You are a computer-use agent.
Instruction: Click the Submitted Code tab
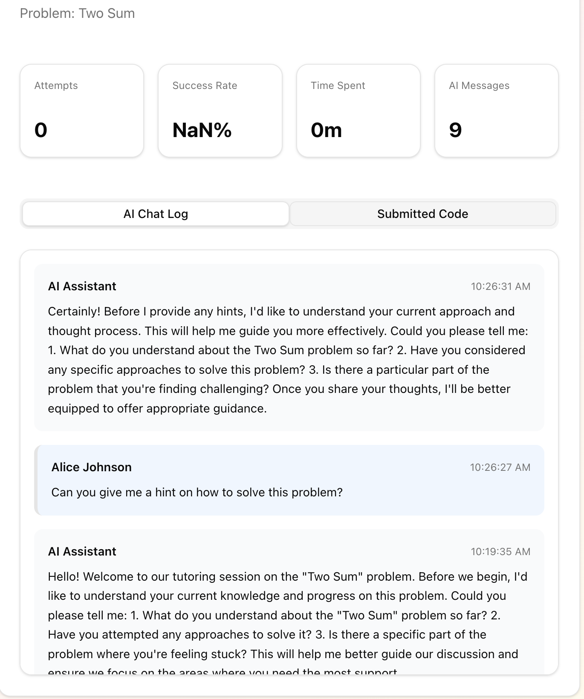coord(422,214)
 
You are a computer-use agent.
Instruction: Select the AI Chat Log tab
coord(156,214)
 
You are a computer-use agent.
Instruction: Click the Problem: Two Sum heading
coord(77,13)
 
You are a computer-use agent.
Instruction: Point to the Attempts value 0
coord(41,130)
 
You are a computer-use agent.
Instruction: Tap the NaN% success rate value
coord(202,130)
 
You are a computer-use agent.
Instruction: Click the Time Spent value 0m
coord(326,130)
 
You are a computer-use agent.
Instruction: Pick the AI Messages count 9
coord(455,130)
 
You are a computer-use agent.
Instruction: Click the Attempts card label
coord(56,86)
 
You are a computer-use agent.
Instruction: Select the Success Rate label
coord(205,86)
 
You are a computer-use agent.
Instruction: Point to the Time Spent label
coord(338,86)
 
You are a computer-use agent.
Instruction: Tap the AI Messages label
coord(479,86)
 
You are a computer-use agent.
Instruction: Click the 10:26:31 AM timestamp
coord(500,286)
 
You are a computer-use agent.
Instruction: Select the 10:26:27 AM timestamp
coord(500,467)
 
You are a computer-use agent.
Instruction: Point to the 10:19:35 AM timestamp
coord(500,552)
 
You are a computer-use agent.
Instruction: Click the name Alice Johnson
coord(91,467)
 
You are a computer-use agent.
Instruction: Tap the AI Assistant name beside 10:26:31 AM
coord(82,286)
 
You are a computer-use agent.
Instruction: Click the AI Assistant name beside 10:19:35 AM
coord(82,551)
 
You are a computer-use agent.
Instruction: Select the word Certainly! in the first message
coord(74,312)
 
